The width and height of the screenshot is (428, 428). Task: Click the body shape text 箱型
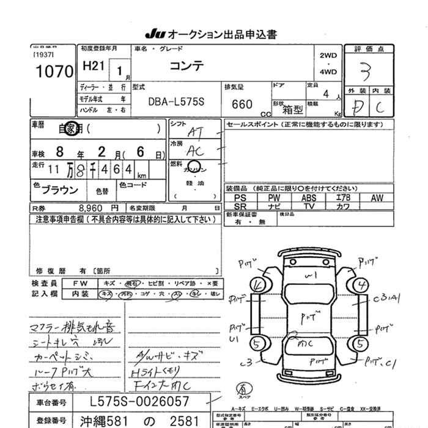pos(294,109)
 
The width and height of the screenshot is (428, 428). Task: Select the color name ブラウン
pos(60,189)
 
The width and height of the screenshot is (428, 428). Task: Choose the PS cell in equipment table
pos(240,198)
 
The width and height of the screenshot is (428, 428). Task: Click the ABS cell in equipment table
pos(308,198)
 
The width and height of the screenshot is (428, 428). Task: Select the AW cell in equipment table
pos(377,198)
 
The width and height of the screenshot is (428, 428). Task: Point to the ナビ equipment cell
pos(274,207)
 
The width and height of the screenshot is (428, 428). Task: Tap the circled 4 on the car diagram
pos(363,284)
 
